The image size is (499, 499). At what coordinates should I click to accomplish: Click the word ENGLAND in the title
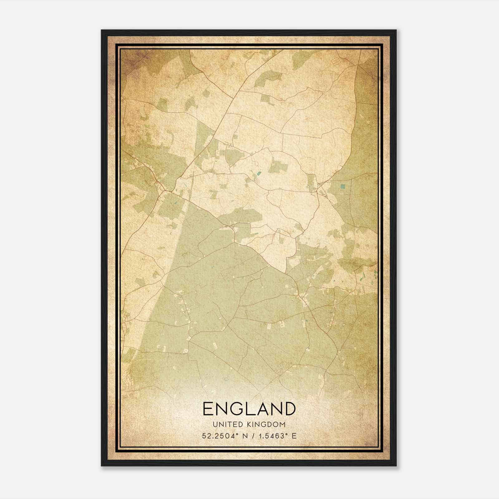(249, 409)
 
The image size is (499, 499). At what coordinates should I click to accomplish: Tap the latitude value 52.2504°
(219, 436)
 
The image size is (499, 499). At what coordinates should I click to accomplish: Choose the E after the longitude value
(294, 436)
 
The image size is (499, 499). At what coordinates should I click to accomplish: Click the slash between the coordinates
(253, 436)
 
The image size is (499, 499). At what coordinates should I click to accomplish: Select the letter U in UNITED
(216, 424)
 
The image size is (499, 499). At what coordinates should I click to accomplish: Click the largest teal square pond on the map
(343, 187)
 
